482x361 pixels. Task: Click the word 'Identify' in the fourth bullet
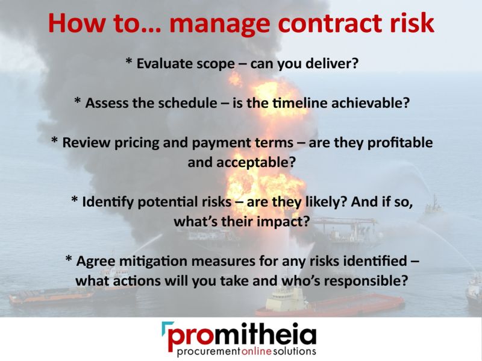[x=111, y=202]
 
